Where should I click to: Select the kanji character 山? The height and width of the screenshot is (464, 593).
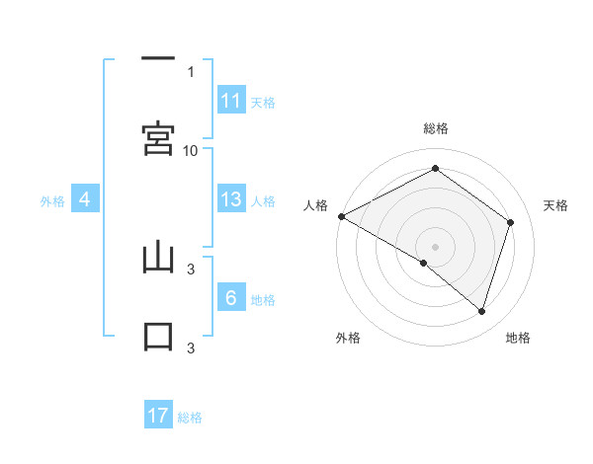[158, 259]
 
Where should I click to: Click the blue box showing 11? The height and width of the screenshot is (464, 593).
[231, 101]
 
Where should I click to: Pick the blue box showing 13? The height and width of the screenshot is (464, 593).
[231, 199]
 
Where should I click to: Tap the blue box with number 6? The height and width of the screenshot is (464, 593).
[231, 298]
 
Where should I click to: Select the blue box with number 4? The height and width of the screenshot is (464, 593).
[85, 199]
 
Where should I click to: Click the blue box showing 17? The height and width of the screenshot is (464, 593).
[158, 416]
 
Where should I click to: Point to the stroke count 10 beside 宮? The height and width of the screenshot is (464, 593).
[191, 150]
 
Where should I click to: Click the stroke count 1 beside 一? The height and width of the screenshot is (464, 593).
[191, 71]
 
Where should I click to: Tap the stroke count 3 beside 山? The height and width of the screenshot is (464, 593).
[191, 268]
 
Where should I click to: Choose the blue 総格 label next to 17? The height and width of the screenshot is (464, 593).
[190, 418]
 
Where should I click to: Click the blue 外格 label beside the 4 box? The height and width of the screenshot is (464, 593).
[52, 201]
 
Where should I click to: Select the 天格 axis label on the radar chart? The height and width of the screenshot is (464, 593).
[556, 205]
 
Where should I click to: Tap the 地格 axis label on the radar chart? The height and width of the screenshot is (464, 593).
[518, 338]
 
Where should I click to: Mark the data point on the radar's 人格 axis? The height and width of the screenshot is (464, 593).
[341, 216]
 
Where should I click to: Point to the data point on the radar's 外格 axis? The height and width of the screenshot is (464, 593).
[424, 263]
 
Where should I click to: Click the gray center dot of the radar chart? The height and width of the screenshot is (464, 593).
[435, 246]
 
